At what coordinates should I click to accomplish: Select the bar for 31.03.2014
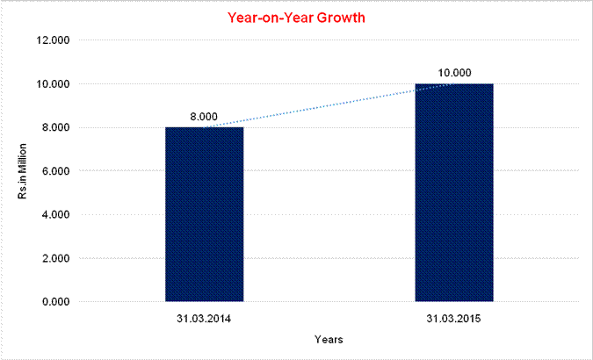(x=204, y=214)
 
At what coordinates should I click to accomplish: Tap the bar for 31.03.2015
(x=453, y=193)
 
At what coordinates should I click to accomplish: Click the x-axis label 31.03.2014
(x=204, y=317)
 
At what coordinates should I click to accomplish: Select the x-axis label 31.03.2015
(x=453, y=317)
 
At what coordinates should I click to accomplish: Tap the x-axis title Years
(x=329, y=339)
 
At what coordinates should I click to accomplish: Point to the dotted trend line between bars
(x=329, y=106)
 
